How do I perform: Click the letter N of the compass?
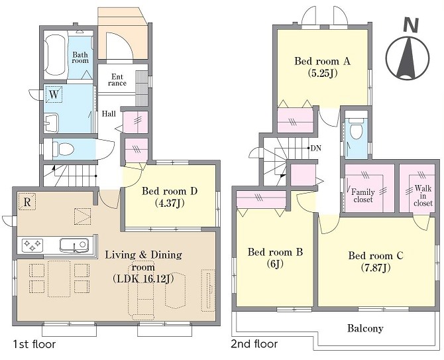(x=411, y=25)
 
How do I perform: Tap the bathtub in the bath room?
(x=56, y=55)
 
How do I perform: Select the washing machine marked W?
(x=54, y=94)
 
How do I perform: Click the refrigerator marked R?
(x=27, y=202)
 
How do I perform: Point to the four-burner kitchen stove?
(x=32, y=245)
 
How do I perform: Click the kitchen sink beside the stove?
(x=74, y=245)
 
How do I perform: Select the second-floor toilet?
(x=356, y=128)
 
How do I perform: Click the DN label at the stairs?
(x=316, y=148)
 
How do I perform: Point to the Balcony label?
(x=365, y=329)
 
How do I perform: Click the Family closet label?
(x=363, y=196)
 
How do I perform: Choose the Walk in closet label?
(x=423, y=196)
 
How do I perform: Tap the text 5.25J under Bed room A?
(x=322, y=74)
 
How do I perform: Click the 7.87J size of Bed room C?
(x=376, y=267)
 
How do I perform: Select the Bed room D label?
(x=170, y=191)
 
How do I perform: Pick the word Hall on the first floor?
(x=109, y=114)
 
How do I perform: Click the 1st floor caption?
(x=34, y=344)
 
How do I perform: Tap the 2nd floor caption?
(x=254, y=344)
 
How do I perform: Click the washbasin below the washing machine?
(x=51, y=123)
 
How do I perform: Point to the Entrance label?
(x=117, y=80)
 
